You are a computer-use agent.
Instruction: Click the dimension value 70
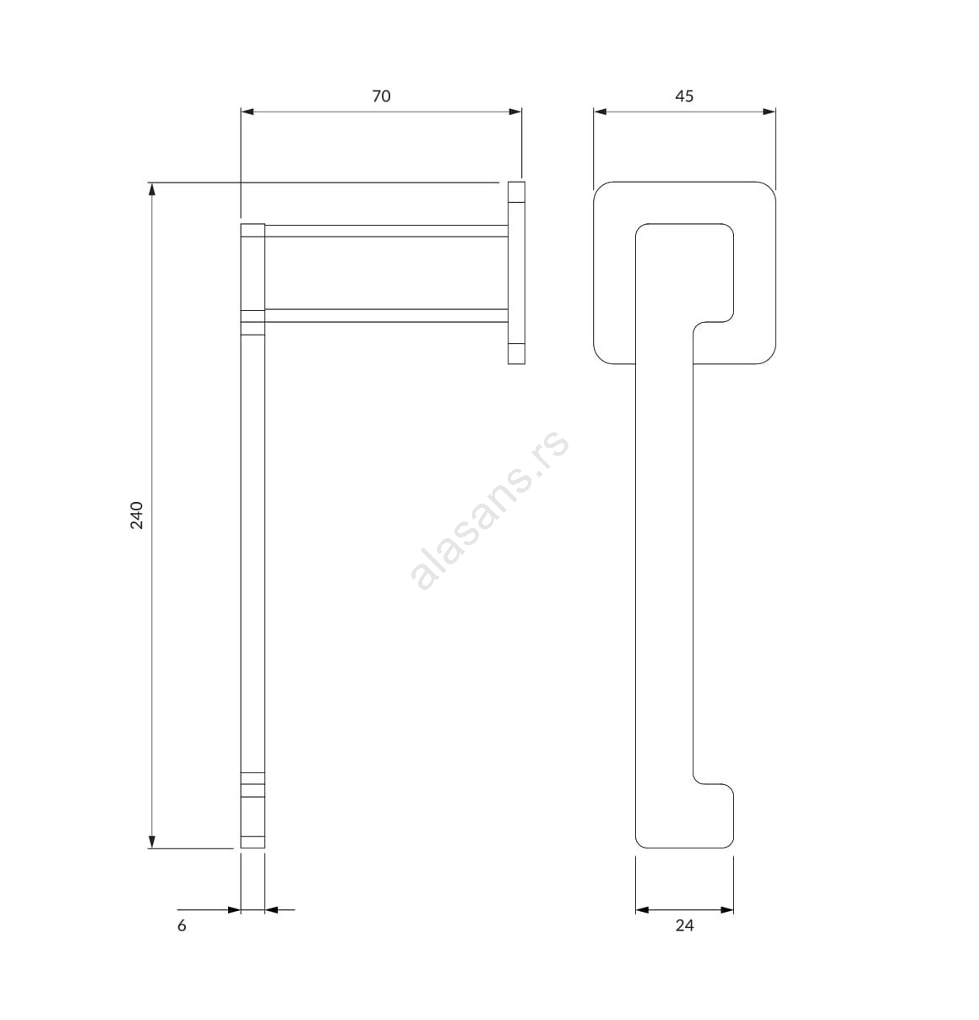point(381,96)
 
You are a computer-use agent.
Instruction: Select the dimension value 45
point(684,96)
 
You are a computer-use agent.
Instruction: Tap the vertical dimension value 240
point(137,515)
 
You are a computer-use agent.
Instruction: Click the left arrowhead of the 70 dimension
point(247,112)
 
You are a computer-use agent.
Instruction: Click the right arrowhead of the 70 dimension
point(515,112)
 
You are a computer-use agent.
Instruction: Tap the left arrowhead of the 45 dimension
point(600,112)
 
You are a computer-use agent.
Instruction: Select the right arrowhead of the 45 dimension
point(769,112)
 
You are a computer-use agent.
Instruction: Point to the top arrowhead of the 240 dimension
point(152,189)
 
